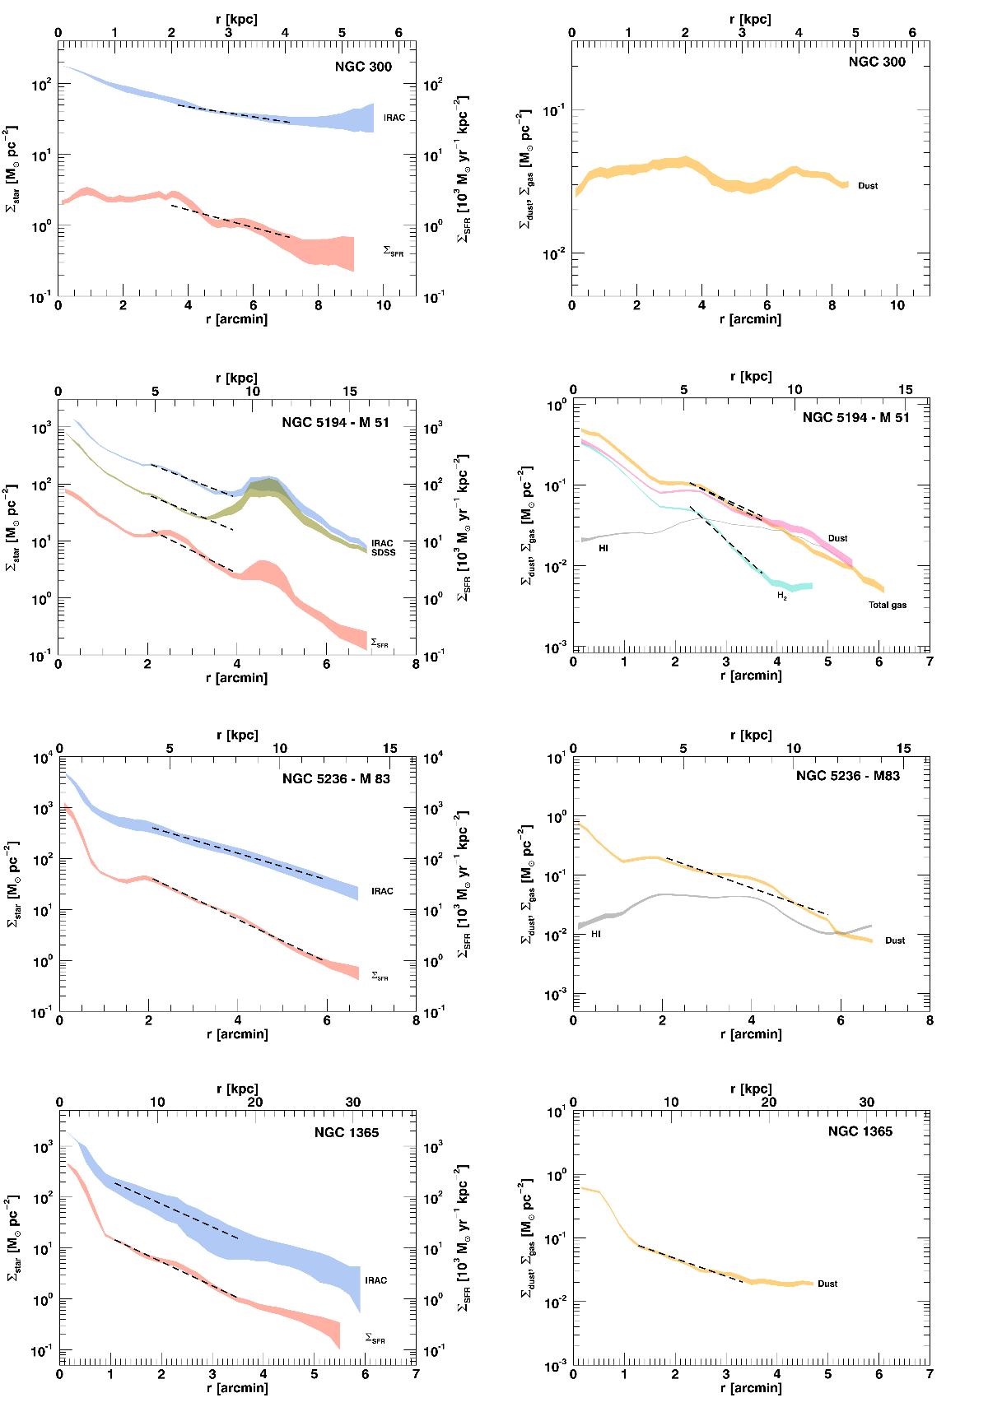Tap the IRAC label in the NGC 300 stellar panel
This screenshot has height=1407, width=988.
pyautogui.click(x=394, y=118)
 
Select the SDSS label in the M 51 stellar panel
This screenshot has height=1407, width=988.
pyautogui.click(x=383, y=552)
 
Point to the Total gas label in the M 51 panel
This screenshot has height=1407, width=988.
pyautogui.click(x=888, y=605)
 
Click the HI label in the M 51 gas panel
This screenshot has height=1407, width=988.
pyautogui.click(x=603, y=547)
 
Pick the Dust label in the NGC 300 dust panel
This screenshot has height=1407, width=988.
pyautogui.click(x=868, y=186)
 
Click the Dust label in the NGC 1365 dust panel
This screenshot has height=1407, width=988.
pyautogui.click(x=827, y=1284)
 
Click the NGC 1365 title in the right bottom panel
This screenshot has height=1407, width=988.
pyautogui.click(x=860, y=1131)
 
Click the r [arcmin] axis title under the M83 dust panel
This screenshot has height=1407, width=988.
pyautogui.click(x=751, y=1033)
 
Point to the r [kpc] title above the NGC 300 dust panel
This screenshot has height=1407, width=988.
pyautogui.click(x=751, y=19)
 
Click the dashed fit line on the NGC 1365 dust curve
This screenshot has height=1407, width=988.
pyautogui.click(x=692, y=1263)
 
